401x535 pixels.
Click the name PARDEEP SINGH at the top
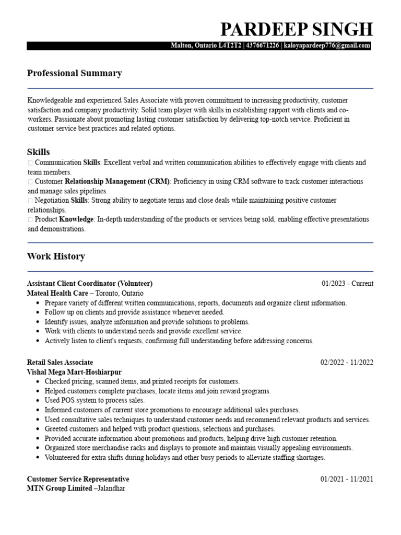coord(297,29)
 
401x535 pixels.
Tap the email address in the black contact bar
coord(327,46)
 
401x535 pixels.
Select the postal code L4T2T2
coord(230,46)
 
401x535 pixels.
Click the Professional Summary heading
coord(74,73)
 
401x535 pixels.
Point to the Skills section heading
coord(38,152)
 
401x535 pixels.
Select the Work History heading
coord(55,257)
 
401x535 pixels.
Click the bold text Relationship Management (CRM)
coord(117,181)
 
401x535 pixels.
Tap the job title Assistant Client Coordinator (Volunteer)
coord(89,284)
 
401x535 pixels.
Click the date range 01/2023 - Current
coord(347,284)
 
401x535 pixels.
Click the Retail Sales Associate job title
coord(60,362)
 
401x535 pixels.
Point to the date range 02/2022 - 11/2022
coord(347,362)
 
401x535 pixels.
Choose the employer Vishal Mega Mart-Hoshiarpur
coord(74,372)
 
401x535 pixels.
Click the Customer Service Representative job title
coord(78,479)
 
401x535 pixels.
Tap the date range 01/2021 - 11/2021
coord(347,479)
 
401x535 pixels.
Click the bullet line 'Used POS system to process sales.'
coord(95,400)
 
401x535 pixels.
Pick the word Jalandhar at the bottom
coord(109,489)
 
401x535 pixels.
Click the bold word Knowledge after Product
coord(77,219)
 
